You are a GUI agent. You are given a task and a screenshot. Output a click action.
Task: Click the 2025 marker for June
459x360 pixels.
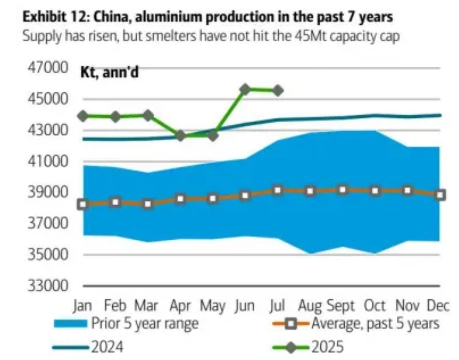pos(245,89)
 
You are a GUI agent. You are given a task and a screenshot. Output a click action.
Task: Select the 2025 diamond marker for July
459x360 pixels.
pos(278,91)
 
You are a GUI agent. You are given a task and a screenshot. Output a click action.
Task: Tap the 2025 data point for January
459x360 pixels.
pos(83,116)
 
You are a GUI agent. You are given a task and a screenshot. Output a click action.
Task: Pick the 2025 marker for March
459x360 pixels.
pos(148,116)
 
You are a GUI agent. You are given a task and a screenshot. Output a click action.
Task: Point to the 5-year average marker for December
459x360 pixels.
pos(440,195)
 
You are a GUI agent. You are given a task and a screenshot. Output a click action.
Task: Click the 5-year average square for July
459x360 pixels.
pos(278,190)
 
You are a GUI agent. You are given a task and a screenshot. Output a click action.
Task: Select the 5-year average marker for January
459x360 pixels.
pos(83,204)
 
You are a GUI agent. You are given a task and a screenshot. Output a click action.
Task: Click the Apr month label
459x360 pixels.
pos(180,306)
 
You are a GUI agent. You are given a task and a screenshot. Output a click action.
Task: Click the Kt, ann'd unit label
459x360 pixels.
pos(109,74)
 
